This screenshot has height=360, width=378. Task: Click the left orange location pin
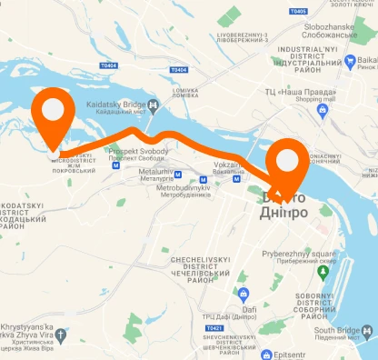54,114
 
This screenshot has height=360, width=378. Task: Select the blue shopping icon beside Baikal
350,63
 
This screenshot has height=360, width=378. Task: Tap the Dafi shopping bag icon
243,294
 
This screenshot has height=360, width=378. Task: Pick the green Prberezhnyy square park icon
323,272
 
